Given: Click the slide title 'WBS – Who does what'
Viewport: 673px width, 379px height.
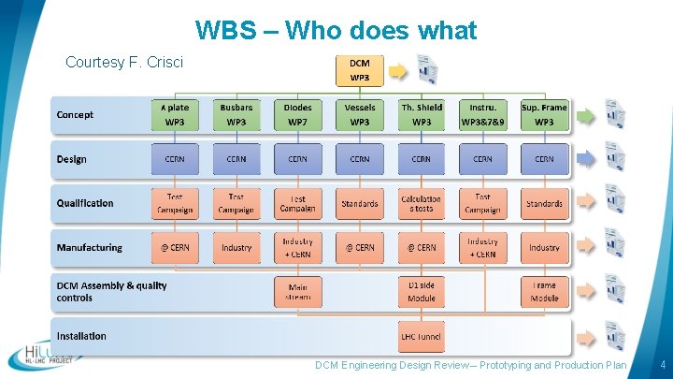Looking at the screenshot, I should point(336,31).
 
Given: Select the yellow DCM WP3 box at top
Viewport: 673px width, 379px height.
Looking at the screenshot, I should point(359,69).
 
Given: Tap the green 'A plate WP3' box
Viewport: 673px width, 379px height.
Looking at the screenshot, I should point(175,114).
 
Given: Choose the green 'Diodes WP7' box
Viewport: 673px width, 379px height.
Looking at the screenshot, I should point(298,114).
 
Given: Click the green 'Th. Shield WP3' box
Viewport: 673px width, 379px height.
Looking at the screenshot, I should point(421,114).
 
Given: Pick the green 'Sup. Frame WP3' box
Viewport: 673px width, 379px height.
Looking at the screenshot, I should point(544,114).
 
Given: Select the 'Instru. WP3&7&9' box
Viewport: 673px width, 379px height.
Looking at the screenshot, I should point(482,114).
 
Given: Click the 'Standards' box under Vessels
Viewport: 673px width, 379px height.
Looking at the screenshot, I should point(360,203).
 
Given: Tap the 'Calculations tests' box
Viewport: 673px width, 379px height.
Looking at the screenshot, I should point(421,203).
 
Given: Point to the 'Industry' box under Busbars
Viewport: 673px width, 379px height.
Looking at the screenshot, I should point(236,248).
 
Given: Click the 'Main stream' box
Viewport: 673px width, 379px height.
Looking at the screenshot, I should point(298,292).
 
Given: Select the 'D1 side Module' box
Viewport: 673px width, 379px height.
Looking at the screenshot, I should point(421,292).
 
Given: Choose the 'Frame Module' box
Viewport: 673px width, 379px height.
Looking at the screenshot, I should point(544,292).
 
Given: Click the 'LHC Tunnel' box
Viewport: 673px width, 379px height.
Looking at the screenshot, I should point(421,336).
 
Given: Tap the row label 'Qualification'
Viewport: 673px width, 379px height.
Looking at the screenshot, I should point(85,203).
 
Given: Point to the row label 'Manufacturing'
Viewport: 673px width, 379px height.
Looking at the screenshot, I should point(89,248).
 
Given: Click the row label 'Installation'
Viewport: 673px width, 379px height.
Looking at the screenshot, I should point(81,336).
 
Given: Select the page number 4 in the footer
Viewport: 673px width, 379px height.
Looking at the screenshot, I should point(661,365).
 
